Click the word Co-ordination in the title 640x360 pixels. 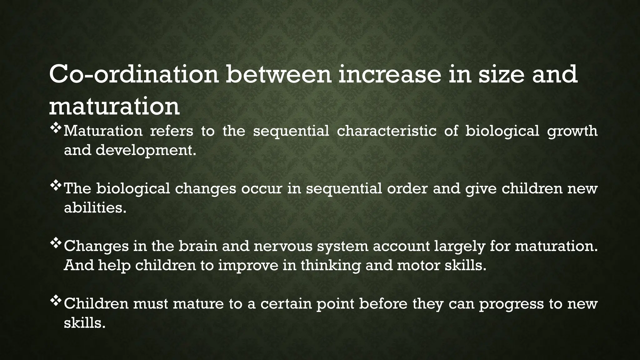pyautogui.click(x=134, y=74)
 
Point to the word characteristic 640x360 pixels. pyautogui.click(x=387, y=131)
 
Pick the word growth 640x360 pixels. pyautogui.click(x=572, y=131)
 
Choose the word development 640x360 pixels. pyautogui.click(x=146, y=151)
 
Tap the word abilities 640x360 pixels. pyautogui.click(x=95, y=208)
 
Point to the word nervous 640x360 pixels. pyautogui.click(x=283, y=246)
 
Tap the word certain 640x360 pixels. pyautogui.click(x=286, y=304)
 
